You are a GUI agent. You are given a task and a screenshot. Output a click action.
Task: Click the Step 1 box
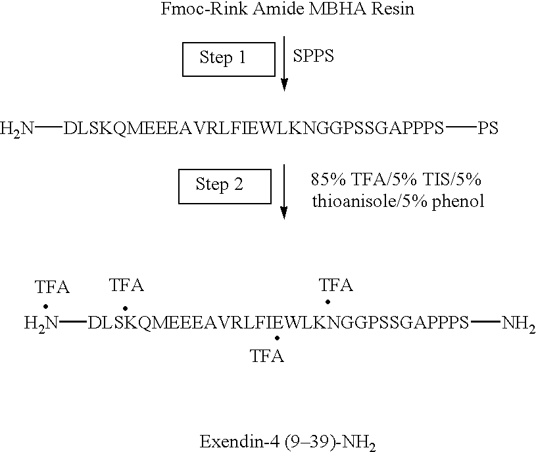click(228, 59)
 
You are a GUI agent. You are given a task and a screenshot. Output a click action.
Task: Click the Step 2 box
click(225, 185)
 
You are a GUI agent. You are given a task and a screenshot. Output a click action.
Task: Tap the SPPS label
click(314, 56)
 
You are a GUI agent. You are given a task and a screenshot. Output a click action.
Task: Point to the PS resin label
click(488, 128)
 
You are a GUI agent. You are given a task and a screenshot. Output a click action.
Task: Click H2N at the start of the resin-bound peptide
click(16, 128)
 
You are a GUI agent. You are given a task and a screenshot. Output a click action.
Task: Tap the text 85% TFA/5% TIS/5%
click(397, 181)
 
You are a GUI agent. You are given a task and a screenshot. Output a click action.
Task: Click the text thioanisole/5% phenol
click(398, 201)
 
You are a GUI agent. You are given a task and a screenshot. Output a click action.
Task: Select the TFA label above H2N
click(53, 288)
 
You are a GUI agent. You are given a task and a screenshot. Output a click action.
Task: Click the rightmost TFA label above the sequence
click(335, 285)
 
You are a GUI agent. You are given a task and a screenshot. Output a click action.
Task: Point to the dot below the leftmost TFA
click(45, 305)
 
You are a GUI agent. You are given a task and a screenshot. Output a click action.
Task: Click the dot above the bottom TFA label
click(278, 338)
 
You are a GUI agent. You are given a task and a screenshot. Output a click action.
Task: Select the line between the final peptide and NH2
click(485, 322)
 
